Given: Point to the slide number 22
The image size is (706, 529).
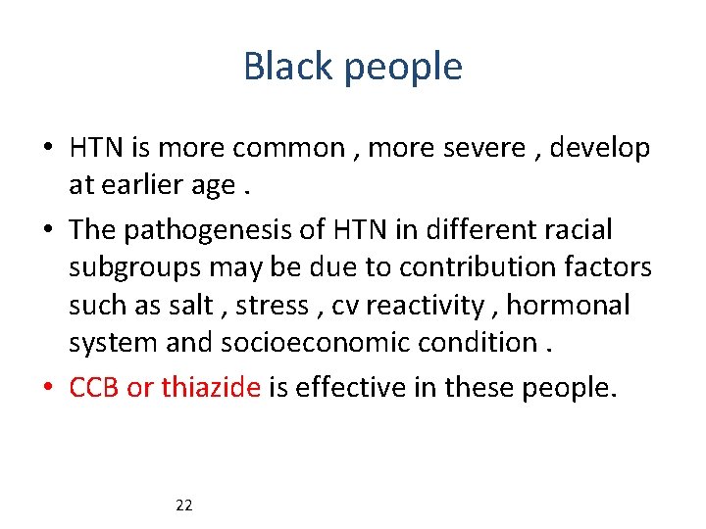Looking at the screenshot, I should tap(183, 505).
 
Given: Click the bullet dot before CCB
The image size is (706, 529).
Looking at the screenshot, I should tap(49, 389).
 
